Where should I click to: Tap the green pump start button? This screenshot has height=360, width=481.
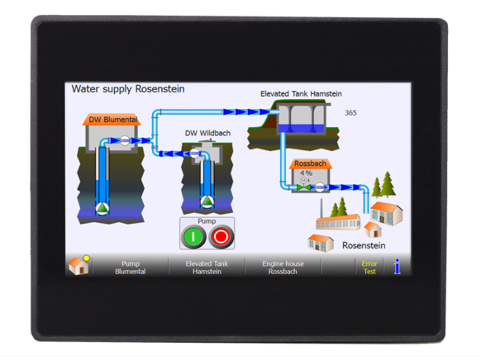[193, 236]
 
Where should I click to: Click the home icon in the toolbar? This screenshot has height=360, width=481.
[79, 265]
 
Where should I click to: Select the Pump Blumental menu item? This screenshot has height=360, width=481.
[131, 268]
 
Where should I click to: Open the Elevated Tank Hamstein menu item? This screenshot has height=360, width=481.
[207, 268]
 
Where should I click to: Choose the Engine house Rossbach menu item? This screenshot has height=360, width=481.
[283, 268]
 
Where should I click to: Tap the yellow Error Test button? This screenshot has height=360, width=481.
[369, 268]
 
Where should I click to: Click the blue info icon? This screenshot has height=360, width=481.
[398, 266]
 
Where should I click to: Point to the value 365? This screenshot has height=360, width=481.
[350, 113]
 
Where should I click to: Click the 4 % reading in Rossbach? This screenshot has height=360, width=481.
[306, 173]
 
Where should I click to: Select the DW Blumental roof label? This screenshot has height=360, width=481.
[113, 120]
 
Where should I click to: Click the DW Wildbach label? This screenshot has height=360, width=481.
[207, 133]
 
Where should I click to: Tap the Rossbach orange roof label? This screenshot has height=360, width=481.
[310, 163]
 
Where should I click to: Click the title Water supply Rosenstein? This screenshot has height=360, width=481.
[128, 89]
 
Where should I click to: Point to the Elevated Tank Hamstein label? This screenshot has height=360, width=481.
[301, 94]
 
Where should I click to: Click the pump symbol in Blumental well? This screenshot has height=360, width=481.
[102, 208]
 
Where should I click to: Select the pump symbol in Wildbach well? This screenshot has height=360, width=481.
[207, 201]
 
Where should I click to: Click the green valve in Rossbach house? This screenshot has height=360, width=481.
[303, 187]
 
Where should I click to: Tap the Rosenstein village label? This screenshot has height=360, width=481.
[364, 245]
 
